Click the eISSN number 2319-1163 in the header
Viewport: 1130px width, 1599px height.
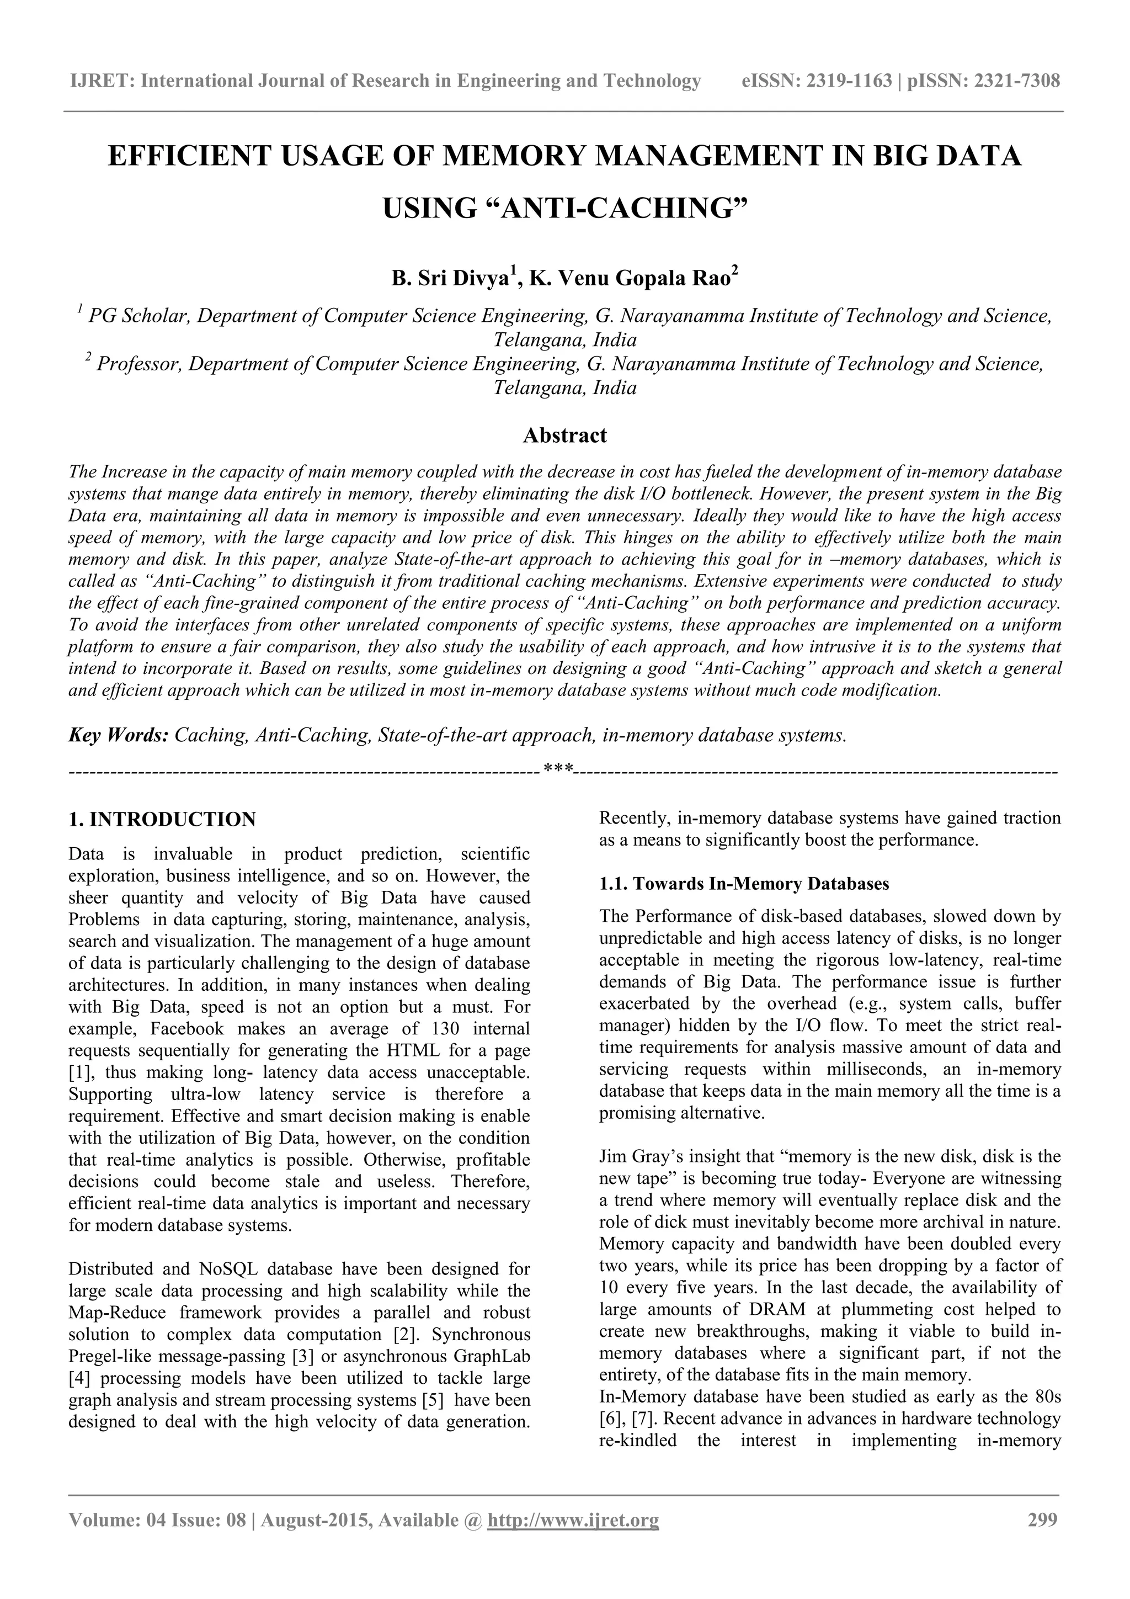(849, 82)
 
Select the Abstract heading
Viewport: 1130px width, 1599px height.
(564, 436)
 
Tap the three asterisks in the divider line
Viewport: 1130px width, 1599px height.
(558, 769)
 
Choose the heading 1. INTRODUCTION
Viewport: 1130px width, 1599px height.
(162, 820)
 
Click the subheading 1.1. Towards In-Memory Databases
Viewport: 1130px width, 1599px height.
(744, 884)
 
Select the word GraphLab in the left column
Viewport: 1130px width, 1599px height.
(492, 1357)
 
